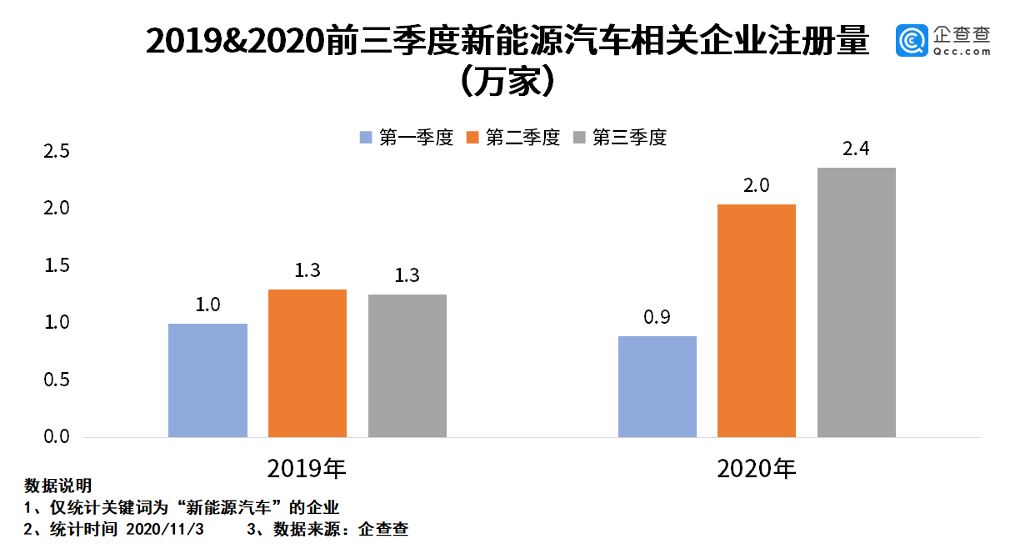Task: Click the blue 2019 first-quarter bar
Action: click(x=207, y=380)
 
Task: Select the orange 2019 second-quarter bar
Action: click(x=307, y=364)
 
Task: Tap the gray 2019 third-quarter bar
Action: click(x=407, y=366)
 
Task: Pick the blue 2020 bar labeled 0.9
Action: click(x=657, y=387)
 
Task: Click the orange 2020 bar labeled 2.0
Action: click(x=756, y=321)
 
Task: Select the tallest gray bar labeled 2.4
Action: click(x=856, y=303)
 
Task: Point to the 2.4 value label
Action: click(x=856, y=150)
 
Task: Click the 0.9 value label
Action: click(x=657, y=318)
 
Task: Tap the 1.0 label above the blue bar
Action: click(x=207, y=305)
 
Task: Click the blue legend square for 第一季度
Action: click(x=365, y=138)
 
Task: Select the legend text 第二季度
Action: click(x=522, y=138)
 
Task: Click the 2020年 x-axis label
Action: click(x=756, y=468)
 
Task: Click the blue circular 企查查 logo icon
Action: click(x=912, y=41)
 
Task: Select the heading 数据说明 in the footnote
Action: click(x=57, y=486)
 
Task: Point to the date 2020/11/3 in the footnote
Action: click(x=164, y=529)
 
